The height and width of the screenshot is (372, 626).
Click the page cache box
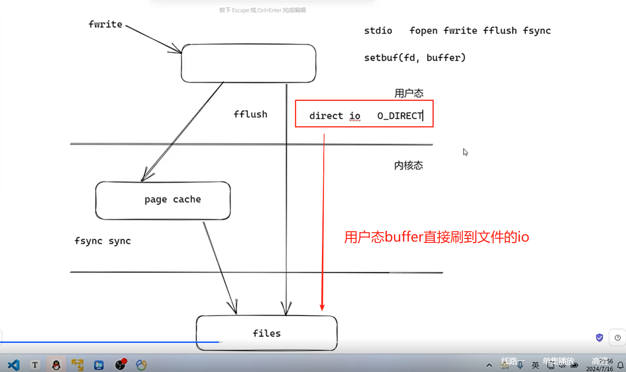(x=163, y=200)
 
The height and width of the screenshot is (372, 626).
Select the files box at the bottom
(x=266, y=333)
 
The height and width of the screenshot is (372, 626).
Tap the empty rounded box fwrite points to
(x=249, y=63)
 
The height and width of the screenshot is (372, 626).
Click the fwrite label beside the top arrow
(x=105, y=24)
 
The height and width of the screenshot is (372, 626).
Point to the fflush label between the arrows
(x=250, y=114)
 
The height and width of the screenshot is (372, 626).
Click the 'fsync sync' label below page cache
(x=103, y=241)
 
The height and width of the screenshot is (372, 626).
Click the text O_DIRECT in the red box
(x=399, y=116)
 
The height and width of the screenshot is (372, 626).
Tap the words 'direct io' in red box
(x=334, y=116)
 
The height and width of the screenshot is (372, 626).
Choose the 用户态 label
(x=408, y=93)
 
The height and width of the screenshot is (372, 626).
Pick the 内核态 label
(x=408, y=165)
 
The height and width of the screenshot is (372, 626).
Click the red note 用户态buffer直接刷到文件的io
(x=436, y=237)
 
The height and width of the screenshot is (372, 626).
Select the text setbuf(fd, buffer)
(x=415, y=58)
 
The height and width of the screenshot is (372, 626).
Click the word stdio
(x=378, y=31)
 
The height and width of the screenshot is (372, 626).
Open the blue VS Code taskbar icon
(x=13, y=365)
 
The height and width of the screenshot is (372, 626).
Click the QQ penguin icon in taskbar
(x=56, y=365)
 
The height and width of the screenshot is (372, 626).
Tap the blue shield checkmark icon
(x=600, y=337)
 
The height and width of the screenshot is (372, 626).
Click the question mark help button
(x=618, y=337)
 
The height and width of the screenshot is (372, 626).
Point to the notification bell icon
(x=620, y=365)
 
